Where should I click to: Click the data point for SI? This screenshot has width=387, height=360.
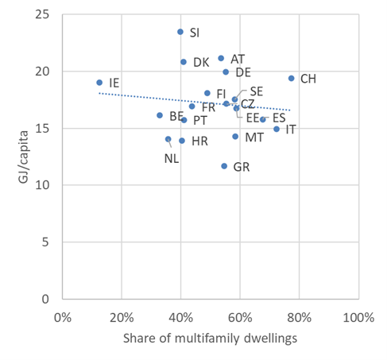pos(180,32)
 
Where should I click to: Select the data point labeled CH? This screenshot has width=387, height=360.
pos(292,78)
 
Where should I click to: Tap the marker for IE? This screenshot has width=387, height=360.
pos(99,82)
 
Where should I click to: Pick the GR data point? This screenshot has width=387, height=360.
pos(224,166)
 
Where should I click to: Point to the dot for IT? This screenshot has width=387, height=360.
pos(277,129)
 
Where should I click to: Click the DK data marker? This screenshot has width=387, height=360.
pos(184,61)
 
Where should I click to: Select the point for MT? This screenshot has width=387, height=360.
pos(235,137)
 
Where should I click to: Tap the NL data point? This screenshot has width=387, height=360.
pos(168,139)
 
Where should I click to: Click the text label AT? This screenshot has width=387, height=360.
pos(238,59)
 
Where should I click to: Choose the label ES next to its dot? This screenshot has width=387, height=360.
pos(279,118)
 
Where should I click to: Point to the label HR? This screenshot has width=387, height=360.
pos(199,141)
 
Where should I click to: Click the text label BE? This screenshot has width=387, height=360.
pos(176,117)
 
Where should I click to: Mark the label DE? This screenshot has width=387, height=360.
pos(243,72)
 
